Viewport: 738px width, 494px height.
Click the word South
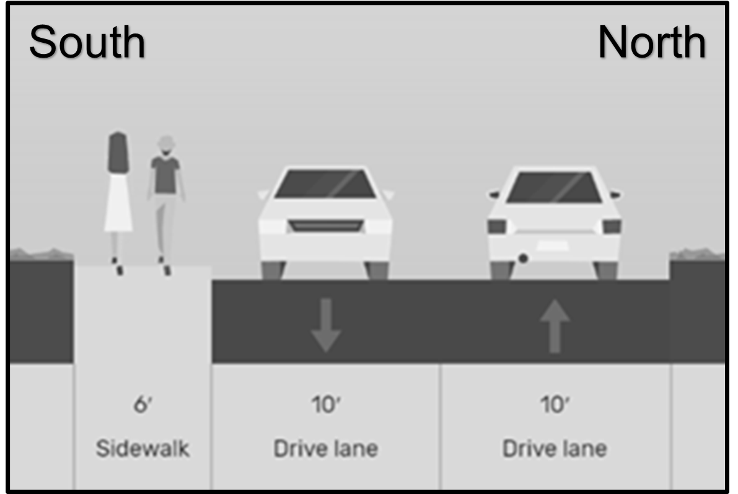coord(87,42)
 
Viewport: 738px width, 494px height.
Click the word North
coord(651,42)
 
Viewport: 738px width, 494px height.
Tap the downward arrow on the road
coord(325,325)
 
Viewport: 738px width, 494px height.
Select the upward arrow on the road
coord(555,325)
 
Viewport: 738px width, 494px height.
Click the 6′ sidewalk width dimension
coord(143,407)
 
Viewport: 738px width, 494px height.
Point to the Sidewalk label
coord(143,448)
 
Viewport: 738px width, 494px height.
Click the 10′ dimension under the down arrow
coord(325,407)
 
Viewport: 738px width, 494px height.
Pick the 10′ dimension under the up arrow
coord(555,407)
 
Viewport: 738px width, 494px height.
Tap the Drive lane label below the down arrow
coord(325,448)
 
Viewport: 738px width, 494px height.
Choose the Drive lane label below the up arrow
coord(555,448)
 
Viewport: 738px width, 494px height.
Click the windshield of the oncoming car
coord(325,185)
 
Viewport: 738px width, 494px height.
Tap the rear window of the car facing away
coord(555,187)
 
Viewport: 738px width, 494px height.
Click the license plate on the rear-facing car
coord(553,245)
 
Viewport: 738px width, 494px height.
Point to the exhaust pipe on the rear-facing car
coord(524,258)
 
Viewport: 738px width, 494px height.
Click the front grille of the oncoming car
coord(325,226)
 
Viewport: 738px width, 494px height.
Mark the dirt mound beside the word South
coord(40,254)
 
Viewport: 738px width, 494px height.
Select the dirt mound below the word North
coord(697,254)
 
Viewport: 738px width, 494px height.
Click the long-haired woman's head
coord(118,151)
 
